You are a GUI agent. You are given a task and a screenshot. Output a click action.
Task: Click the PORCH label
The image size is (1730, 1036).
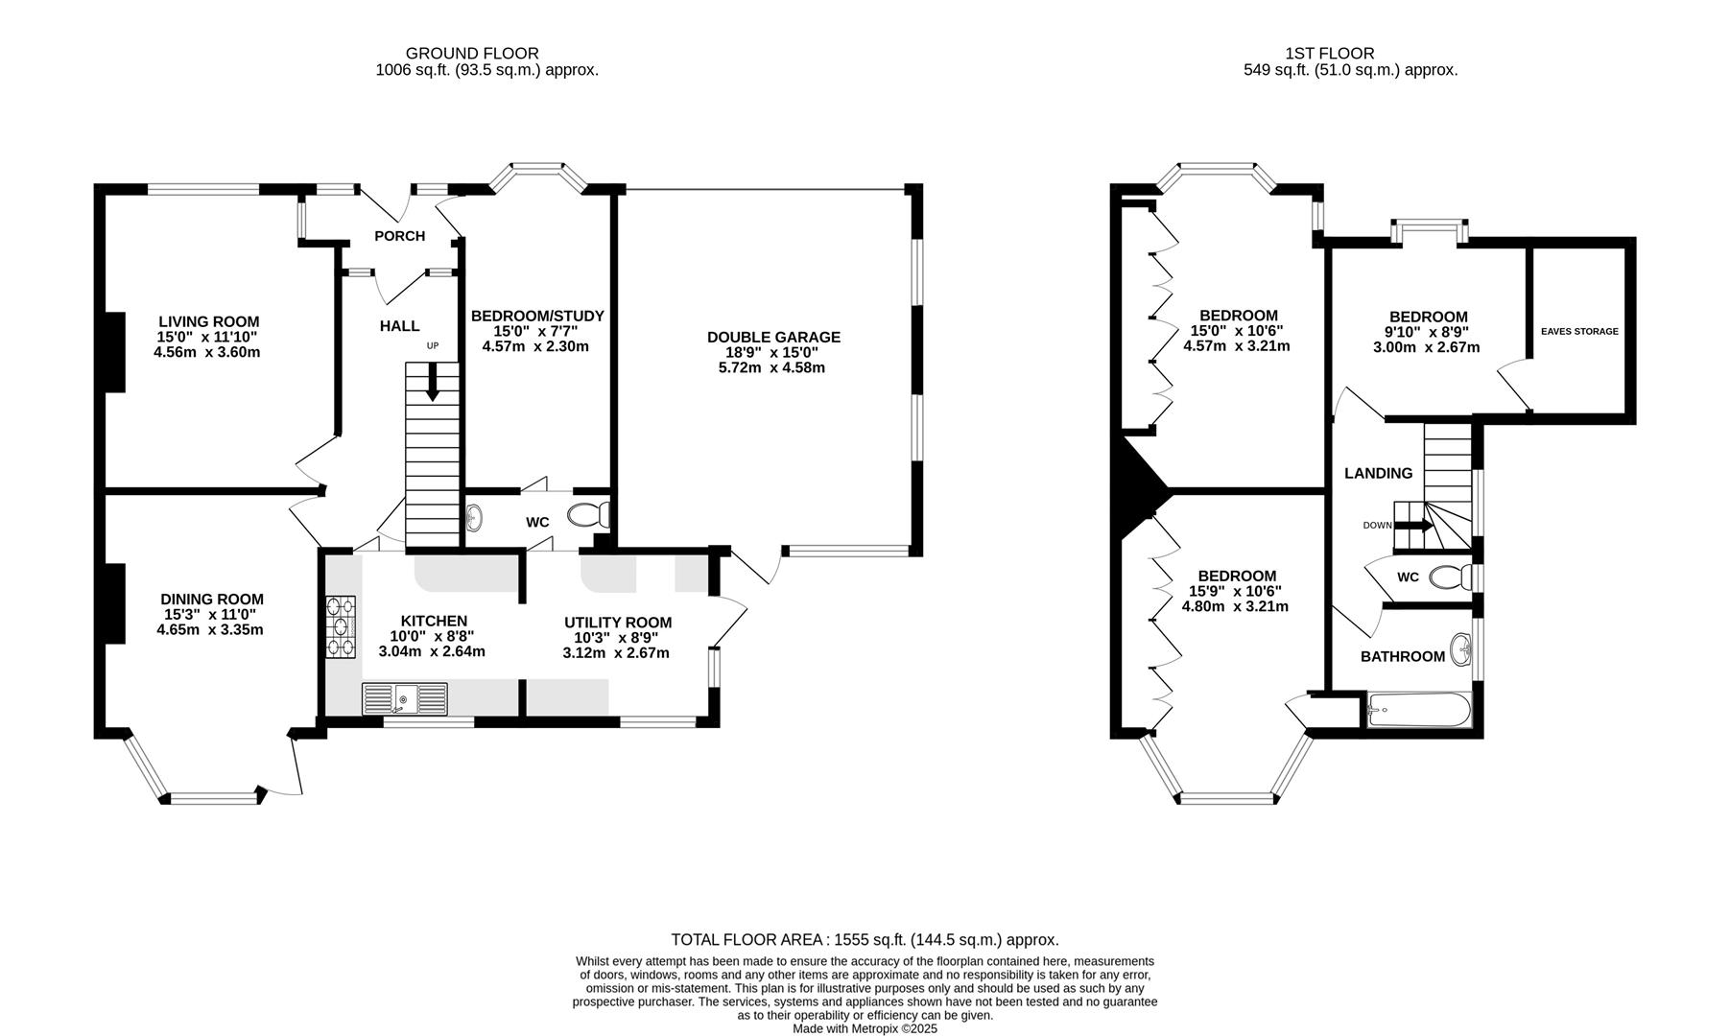pos(399,236)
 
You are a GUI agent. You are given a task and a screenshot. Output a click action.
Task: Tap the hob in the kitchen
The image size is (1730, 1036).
pos(341,625)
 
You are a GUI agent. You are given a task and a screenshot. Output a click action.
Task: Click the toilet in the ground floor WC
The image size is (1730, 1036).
pos(587,516)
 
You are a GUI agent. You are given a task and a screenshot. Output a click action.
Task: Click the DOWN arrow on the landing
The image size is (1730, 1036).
pos(1412,525)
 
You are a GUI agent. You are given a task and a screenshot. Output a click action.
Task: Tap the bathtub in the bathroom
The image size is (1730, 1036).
pos(1418,712)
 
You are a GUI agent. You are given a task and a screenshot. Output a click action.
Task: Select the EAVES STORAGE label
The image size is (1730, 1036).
pos(1579,332)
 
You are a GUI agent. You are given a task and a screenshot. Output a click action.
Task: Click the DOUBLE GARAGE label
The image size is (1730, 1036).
pos(773,338)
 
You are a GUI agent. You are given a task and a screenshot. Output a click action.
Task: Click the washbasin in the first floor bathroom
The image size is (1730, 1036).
pos(1462,648)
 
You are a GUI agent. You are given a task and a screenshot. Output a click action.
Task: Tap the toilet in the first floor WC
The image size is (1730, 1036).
pos(1450,577)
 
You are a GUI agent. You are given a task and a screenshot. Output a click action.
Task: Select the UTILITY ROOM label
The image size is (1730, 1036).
pos(617,623)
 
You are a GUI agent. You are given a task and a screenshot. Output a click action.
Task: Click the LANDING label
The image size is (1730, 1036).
pos(1378,473)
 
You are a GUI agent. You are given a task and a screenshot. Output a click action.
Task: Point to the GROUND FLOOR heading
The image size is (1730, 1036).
pos(472,54)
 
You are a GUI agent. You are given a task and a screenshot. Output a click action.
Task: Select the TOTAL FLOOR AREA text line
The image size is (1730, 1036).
pos(864,940)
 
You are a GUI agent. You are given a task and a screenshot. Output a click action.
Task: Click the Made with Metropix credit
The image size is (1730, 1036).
pos(864,1028)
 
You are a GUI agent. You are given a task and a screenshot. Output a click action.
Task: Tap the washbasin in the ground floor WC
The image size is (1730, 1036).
pos(474,519)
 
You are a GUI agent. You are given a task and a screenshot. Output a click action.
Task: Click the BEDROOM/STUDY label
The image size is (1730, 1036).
pos(537,316)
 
